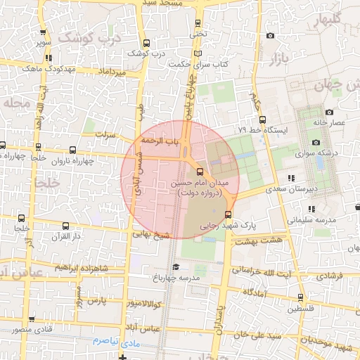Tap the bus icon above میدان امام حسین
199,172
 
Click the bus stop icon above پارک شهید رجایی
228,214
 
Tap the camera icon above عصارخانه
329,112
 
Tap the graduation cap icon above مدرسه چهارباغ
176,266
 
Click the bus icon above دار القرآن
66,226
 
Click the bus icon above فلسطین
301,297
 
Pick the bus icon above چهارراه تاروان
74,149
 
